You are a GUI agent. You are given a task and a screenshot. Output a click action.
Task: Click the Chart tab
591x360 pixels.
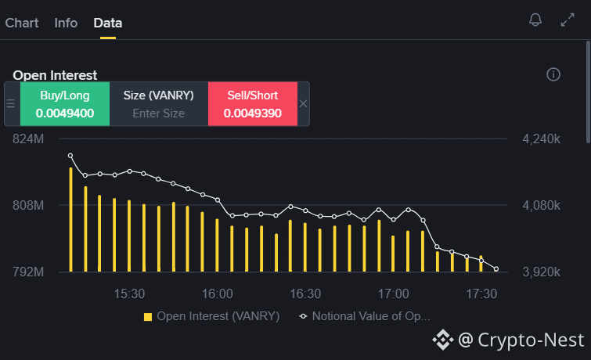pos(22,23)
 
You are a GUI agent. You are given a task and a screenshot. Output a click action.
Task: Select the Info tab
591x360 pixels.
pos(66,23)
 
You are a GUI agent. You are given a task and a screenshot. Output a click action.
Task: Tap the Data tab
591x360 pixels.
pos(108,23)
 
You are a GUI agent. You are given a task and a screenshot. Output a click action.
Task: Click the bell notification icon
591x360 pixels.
pos(535,20)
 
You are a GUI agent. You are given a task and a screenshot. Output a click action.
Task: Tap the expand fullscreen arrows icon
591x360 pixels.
pos(568,20)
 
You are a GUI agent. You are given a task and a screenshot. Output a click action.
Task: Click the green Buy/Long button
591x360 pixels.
pos(65,103)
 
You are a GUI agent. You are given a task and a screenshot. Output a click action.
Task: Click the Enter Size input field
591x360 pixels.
pos(159,113)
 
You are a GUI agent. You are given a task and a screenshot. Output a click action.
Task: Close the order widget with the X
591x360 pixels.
pos(304,103)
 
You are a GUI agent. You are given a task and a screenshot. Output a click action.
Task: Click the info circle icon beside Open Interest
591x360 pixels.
pos(553,74)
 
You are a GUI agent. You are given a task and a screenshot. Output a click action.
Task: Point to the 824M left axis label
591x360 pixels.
pos(28,139)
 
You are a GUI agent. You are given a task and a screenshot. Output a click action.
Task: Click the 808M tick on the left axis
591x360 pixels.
pos(28,205)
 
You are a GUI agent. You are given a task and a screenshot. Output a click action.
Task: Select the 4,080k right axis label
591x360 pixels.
pos(541,205)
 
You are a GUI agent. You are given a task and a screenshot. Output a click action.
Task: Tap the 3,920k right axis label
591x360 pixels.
pos(541,272)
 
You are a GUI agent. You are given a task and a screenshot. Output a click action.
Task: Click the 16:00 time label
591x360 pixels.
pos(218,293)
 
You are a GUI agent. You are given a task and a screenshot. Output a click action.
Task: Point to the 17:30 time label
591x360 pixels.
pos(481,293)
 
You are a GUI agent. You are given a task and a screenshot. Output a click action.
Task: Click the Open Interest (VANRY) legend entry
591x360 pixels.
pos(212,316)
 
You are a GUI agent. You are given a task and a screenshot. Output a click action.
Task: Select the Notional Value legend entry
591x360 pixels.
pos(365,316)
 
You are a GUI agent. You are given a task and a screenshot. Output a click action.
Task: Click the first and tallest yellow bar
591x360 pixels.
pos(71,219)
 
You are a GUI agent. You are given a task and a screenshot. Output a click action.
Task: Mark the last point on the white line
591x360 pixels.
pos(496,268)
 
